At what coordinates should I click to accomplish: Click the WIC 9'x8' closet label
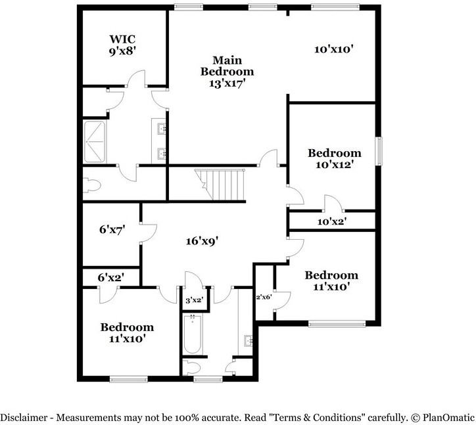tap(122, 45)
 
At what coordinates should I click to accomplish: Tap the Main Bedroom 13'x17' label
tap(227, 71)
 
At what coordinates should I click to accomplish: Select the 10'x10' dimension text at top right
tap(334, 49)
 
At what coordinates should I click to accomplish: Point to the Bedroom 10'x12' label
tap(335, 159)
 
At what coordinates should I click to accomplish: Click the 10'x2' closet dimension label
tap(332, 221)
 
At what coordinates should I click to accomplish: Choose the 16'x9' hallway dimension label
tap(201, 241)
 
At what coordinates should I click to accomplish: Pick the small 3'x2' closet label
tap(193, 300)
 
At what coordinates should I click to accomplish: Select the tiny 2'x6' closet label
tap(264, 297)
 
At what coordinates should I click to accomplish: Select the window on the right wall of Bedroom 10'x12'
tap(378, 152)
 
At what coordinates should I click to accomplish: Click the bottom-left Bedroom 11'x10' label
tap(127, 332)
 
